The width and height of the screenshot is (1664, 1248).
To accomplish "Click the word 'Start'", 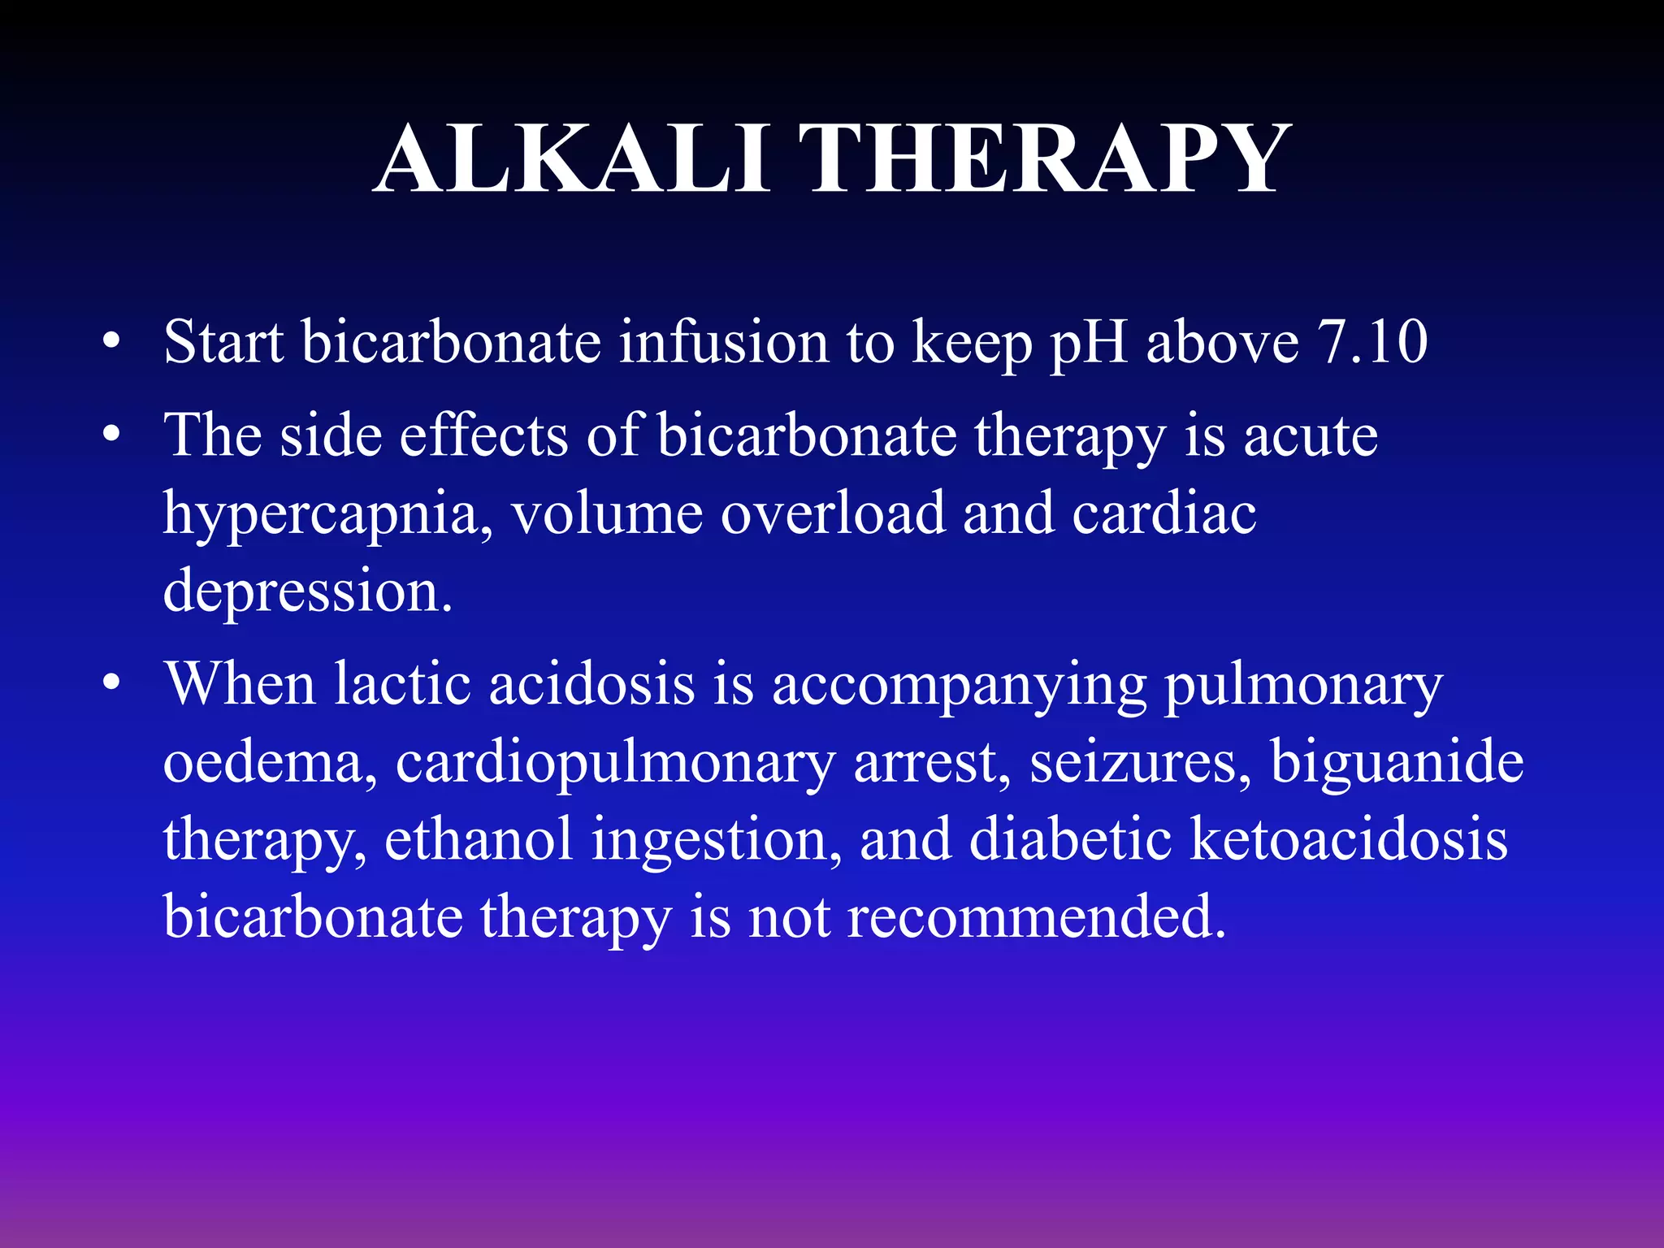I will [223, 342].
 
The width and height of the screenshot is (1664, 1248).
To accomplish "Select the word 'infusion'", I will [722, 342].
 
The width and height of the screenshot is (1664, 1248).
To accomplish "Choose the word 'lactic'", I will [402, 684].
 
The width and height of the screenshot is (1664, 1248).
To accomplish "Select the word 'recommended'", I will [1035, 917].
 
